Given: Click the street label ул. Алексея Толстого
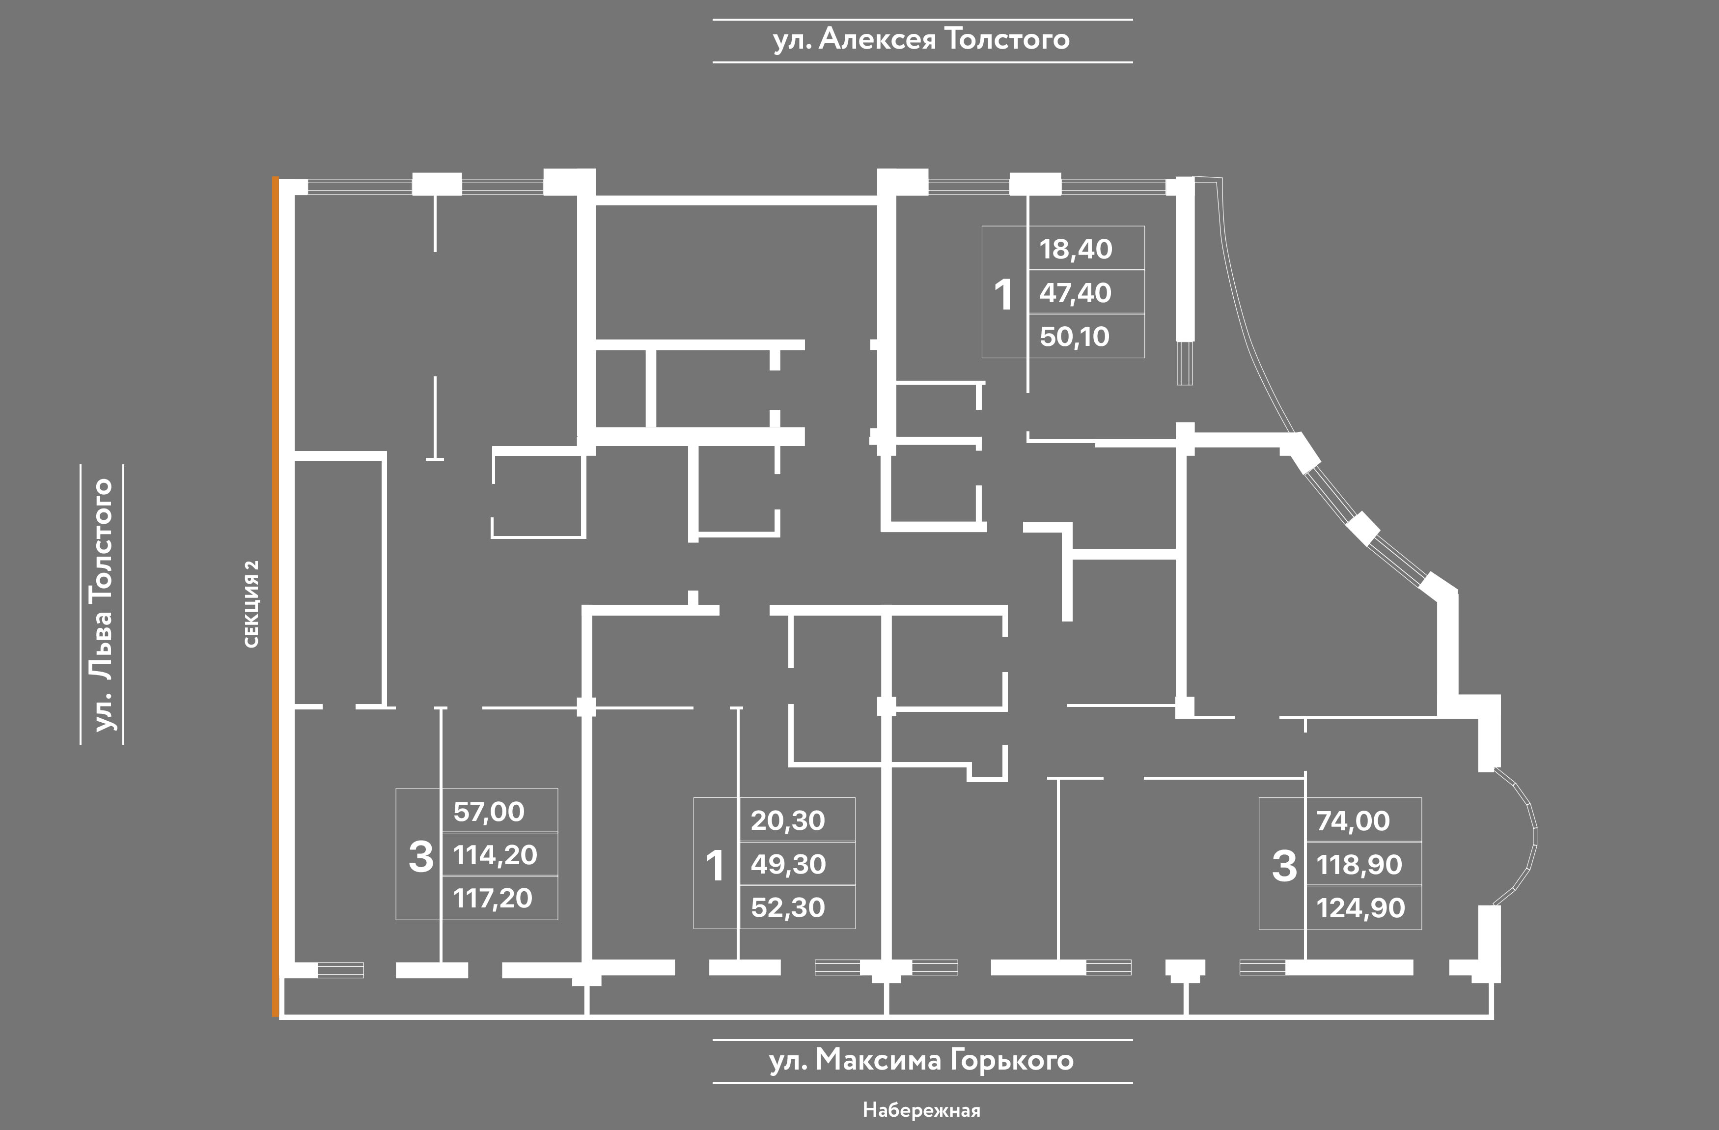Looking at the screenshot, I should (x=921, y=40).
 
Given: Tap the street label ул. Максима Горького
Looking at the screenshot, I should (x=921, y=1061).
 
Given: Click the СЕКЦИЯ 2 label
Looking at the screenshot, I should (x=251, y=604).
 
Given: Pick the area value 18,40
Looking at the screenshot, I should (x=1076, y=249).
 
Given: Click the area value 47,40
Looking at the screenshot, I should (x=1076, y=293).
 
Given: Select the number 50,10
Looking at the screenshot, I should (x=1075, y=337).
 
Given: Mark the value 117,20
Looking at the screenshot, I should (x=493, y=899).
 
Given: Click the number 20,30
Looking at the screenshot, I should (x=788, y=821).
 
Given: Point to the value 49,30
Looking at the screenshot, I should (x=788, y=864).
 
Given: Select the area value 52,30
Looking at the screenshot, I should (x=788, y=907).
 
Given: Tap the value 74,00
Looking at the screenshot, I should (x=1353, y=821).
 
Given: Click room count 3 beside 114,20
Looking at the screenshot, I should (x=421, y=857).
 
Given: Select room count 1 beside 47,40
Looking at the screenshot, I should (x=1003, y=295).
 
